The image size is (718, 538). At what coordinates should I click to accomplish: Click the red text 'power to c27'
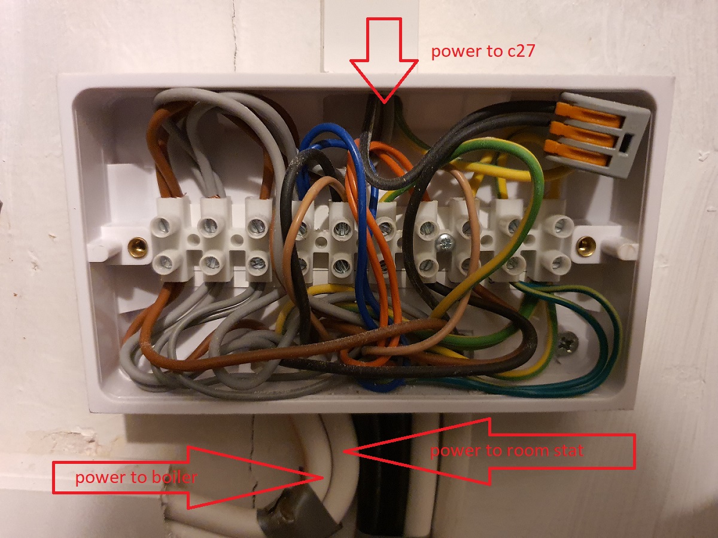point(483,51)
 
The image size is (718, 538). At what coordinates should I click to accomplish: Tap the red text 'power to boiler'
point(136,478)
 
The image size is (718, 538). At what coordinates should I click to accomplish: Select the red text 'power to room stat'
point(507,451)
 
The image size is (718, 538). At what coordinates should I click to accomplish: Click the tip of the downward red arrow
point(384,103)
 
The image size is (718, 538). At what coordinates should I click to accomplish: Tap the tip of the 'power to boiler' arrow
point(323,478)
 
